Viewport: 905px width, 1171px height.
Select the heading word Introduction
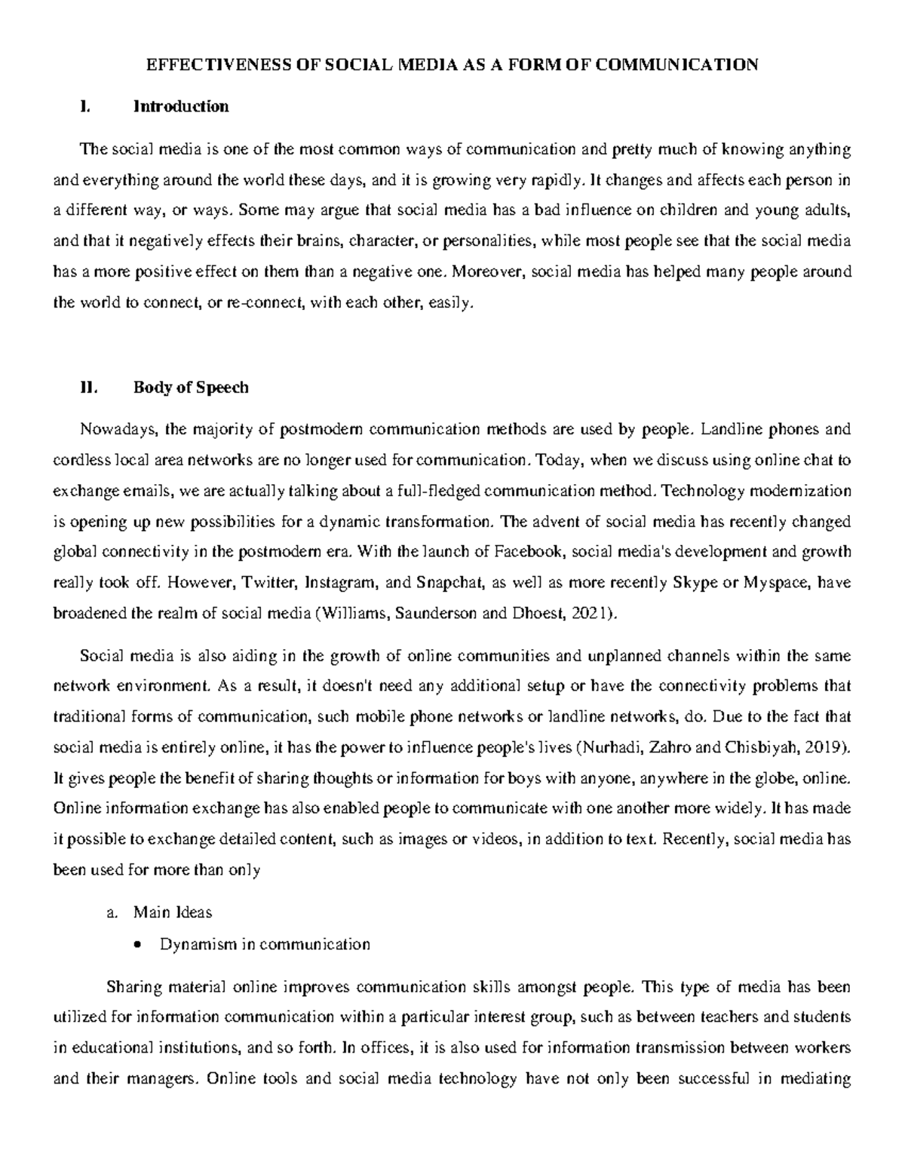tap(181, 106)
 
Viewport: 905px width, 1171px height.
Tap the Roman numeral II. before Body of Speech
tap(89, 388)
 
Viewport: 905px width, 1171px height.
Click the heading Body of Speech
tap(191, 388)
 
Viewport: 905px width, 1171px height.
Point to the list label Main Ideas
tap(173, 912)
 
